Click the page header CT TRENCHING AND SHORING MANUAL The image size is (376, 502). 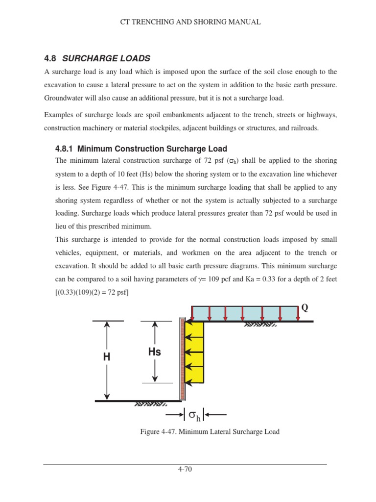point(190,22)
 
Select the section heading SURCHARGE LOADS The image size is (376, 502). point(106,58)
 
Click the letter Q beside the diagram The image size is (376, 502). point(305,307)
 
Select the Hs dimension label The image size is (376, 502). point(154,352)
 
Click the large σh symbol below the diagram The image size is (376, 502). point(194,416)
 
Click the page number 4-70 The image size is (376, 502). point(185,469)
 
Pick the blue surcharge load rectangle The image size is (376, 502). point(245,313)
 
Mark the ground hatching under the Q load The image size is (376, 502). point(260,325)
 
